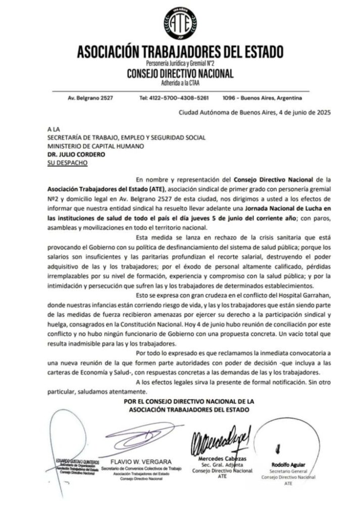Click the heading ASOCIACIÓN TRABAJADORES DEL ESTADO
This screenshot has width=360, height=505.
180,52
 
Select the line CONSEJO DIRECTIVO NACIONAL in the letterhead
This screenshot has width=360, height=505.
180,74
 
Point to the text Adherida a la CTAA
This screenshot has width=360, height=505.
180,82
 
